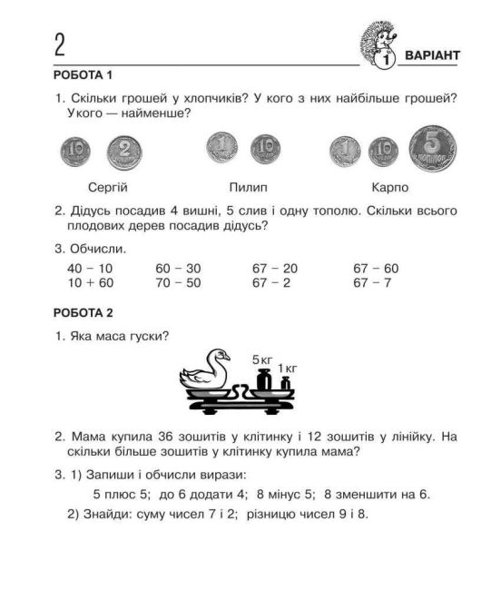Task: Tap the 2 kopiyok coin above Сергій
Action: tap(126, 151)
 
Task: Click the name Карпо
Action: tap(390, 188)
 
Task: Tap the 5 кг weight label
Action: tap(262, 359)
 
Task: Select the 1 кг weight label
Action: tap(288, 369)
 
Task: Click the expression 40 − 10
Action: tap(90, 269)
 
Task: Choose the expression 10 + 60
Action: tap(90, 283)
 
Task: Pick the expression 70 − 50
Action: tap(178, 283)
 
